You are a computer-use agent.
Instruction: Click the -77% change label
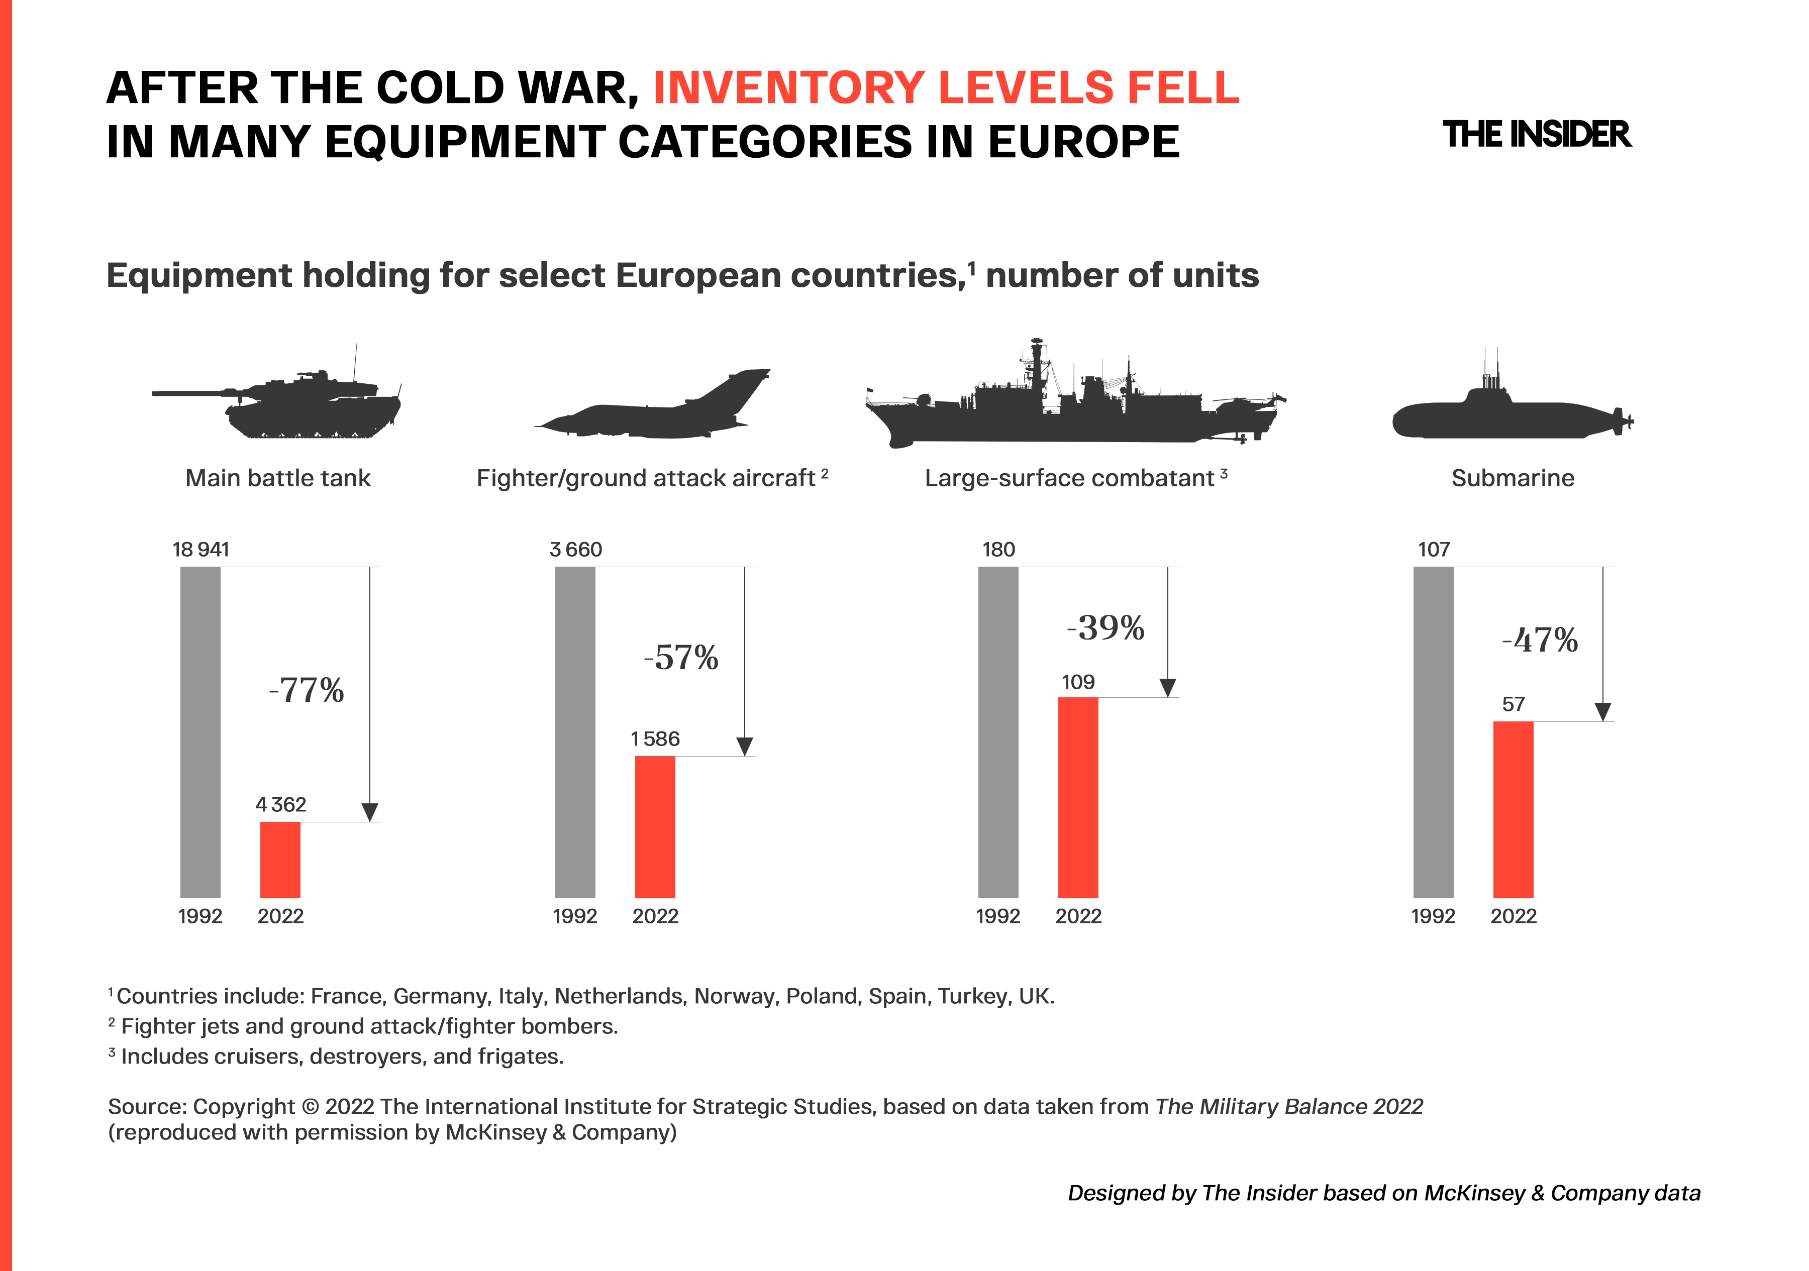(307, 691)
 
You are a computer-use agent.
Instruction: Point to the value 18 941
(201, 550)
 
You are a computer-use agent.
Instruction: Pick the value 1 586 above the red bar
(655, 738)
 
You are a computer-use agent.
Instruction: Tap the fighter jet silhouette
(654, 405)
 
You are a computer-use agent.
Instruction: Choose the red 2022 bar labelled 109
(1078, 797)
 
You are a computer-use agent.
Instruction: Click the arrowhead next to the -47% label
(1602, 711)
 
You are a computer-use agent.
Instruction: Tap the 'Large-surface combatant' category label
(1069, 478)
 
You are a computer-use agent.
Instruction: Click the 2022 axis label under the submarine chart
(1513, 916)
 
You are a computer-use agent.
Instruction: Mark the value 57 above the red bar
(1513, 704)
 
